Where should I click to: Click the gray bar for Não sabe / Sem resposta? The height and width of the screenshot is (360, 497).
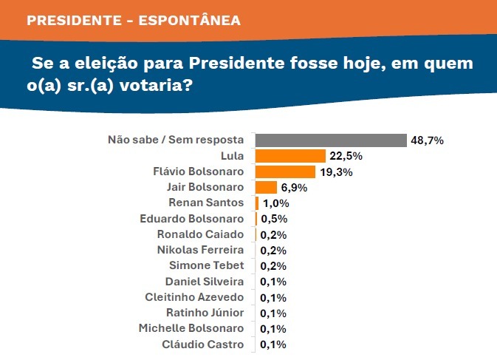pos(331,140)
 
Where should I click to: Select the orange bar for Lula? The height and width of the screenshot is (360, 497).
pos(290,156)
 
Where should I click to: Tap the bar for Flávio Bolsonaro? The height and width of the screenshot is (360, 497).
pos(285,171)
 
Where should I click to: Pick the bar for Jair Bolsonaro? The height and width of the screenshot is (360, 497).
pos(266,187)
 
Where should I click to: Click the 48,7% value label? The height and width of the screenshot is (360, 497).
pos(428,140)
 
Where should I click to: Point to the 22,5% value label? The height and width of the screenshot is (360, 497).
pos(346,156)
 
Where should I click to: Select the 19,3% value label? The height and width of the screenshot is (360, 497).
pos(336,171)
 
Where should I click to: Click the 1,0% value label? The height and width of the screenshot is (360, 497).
pos(274,203)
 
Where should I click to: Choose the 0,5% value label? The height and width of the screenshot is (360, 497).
pos(272,219)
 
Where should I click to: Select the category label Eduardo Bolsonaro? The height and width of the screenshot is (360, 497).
pos(192,219)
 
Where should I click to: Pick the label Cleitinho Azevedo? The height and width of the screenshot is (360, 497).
pos(196,296)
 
